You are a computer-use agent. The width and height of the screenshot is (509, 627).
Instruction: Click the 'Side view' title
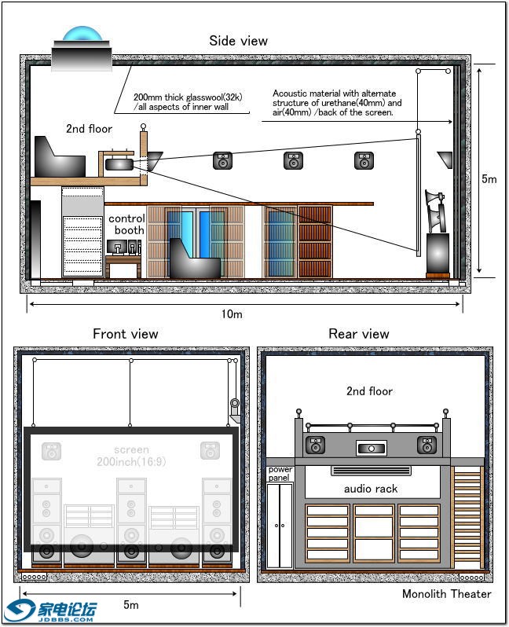pyautogui.click(x=238, y=41)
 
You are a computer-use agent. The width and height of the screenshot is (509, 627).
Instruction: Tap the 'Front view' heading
pyautogui.click(x=125, y=334)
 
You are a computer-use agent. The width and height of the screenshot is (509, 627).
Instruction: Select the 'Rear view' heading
pyautogui.click(x=358, y=334)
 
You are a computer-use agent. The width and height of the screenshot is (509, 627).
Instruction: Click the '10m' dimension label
pyautogui.click(x=232, y=314)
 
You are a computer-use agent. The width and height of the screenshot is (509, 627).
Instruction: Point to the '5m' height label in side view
pyautogui.click(x=489, y=179)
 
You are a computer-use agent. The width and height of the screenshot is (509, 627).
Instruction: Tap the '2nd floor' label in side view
pyautogui.click(x=89, y=129)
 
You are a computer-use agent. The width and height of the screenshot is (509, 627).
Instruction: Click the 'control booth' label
pyautogui.click(x=126, y=224)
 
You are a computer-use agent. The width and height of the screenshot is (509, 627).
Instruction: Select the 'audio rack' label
pyautogui.click(x=371, y=489)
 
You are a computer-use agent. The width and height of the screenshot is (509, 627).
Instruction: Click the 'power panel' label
pyautogui.click(x=280, y=474)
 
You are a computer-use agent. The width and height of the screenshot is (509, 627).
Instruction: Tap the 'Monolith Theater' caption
pyautogui.click(x=446, y=594)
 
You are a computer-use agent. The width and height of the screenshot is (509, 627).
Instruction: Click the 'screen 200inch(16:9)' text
pyautogui.click(x=130, y=456)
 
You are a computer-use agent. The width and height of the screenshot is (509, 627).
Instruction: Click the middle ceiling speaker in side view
pyautogui.click(x=294, y=161)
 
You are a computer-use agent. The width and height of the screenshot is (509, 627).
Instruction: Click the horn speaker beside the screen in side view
pyautogui.click(x=434, y=208)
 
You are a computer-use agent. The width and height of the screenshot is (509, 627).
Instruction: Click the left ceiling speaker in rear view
pyautogui.click(x=316, y=445)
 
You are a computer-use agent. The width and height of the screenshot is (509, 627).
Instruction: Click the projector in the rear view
pyautogui.click(x=371, y=449)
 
